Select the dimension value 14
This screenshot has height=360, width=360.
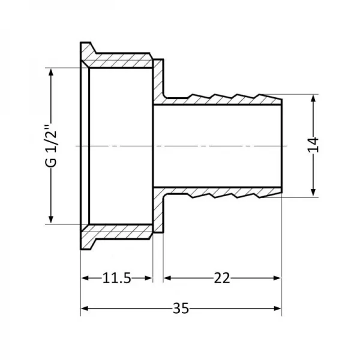(x=313, y=145)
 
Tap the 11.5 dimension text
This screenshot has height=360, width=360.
(x=116, y=278)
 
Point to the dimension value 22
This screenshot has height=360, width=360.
(x=222, y=278)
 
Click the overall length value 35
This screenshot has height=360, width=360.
(x=180, y=308)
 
